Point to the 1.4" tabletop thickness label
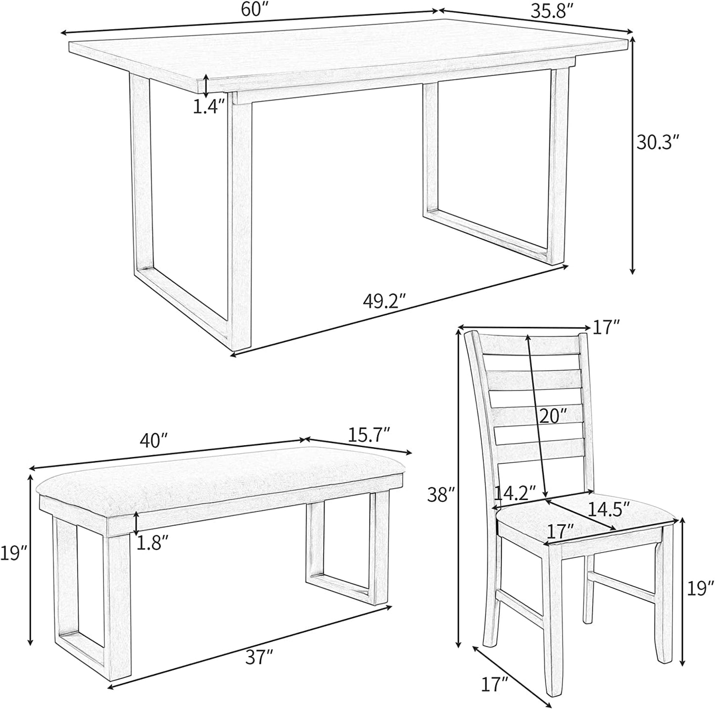pyautogui.click(x=209, y=106)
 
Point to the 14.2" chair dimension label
pyautogui.click(x=515, y=493)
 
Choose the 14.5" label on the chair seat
pyautogui.click(x=609, y=507)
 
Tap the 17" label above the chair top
pyautogui.click(x=607, y=326)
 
